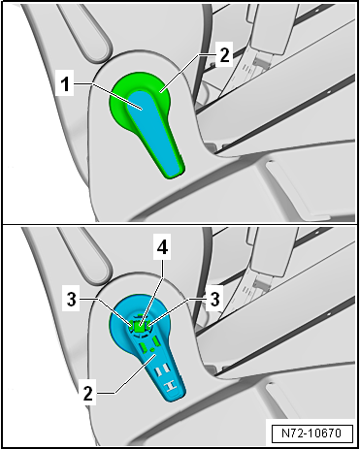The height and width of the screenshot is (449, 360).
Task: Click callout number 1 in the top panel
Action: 66,84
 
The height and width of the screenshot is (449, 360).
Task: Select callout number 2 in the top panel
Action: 224,55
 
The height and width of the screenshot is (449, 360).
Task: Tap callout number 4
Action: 162,249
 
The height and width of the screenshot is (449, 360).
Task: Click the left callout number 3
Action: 72,300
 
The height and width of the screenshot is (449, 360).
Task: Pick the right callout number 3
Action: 214,299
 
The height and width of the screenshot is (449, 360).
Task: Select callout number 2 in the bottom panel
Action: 88,394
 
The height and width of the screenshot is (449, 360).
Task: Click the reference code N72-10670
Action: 311,433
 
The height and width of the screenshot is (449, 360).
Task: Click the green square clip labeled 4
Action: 140,327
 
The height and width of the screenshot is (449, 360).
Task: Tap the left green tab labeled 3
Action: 131,326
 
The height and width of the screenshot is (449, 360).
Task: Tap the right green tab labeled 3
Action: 148,325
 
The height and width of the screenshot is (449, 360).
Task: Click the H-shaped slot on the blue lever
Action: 170,386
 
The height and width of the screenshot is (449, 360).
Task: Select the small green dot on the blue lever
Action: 151,349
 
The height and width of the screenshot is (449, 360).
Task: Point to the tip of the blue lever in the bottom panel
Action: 178,401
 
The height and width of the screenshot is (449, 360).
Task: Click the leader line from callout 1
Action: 108,96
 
